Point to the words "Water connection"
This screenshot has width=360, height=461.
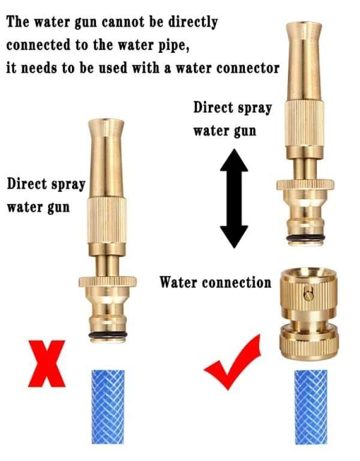coord(215,282)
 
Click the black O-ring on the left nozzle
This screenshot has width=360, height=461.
coord(107,334)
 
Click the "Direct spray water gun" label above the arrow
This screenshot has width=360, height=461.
coord(232,118)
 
